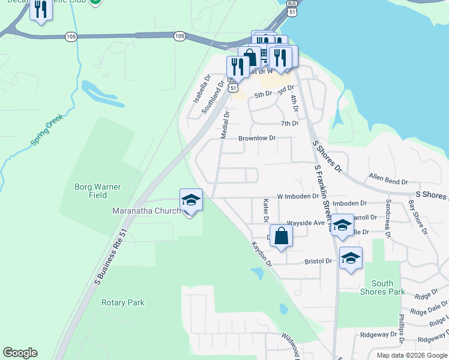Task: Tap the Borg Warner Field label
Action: tap(98, 191)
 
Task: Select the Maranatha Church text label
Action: tap(146, 211)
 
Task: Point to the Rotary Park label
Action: tap(122, 303)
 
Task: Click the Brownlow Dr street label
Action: tap(256, 138)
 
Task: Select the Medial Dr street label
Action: tap(225, 124)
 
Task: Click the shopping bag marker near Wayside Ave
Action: tap(281, 236)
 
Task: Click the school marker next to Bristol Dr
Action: tap(351, 258)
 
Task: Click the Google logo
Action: tap(20, 353)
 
